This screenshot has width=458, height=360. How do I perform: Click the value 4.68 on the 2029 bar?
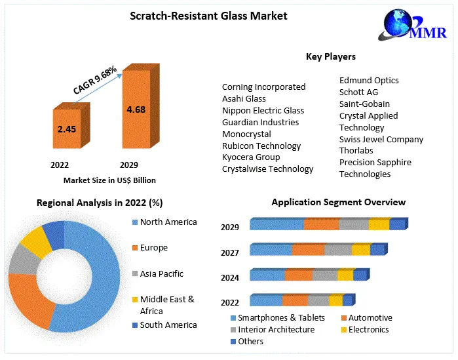(x=136, y=109)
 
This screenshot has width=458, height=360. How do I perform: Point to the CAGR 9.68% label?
(x=95, y=80)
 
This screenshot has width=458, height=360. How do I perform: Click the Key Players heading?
(x=330, y=57)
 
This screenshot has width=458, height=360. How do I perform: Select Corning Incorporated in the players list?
(x=263, y=87)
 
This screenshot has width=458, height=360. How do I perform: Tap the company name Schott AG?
(x=358, y=92)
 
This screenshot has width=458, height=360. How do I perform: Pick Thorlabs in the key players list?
(x=357, y=151)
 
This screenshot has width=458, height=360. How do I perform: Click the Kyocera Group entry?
(x=251, y=157)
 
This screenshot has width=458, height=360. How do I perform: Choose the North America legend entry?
(x=168, y=222)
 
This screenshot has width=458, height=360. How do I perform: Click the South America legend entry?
(x=168, y=325)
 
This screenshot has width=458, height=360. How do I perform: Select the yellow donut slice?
(x=36, y=241)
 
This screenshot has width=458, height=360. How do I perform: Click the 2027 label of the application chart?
(x=230, y=252)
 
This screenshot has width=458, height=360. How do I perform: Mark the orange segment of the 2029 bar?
(x=320, y=225)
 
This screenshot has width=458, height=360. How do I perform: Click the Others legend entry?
(x=250, y=341)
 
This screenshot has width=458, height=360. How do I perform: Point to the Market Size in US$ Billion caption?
(x=109, y=180)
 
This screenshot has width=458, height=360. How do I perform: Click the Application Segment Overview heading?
(x=338, y=202)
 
